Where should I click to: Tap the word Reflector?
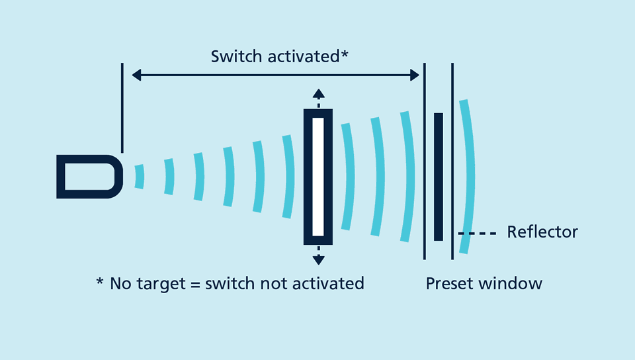click(x=542, y=232)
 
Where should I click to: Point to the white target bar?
click(x=318, y=176)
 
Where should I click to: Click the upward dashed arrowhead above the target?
click(x=318, y=93)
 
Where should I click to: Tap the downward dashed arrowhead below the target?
click(x=318, y=259)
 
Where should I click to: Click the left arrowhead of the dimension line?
click(x=136, y=75)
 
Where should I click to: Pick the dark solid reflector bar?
click(x=438, y=176)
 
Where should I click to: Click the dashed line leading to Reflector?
click(x=477, y=233)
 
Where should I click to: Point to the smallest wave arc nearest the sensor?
click(x=139, y=177)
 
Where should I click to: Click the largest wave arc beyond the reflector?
click(x=469, y=176)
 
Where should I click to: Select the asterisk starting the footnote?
click(x=100, y=283)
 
